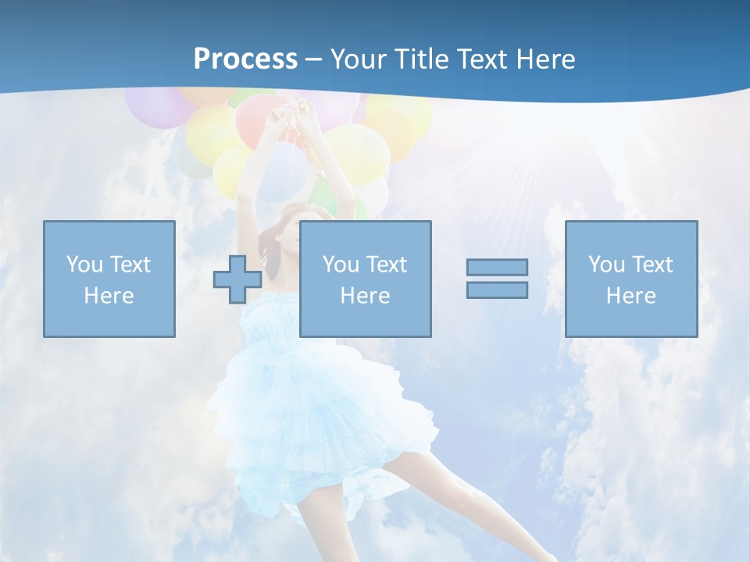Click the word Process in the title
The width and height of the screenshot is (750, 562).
pyautogui.click(x=245, y=59)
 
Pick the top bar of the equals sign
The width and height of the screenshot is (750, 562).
pyautogui.click(x=497, y=267)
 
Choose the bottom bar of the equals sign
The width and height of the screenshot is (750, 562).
pyautogui.click(x=497, y=290)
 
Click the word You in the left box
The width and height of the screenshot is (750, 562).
pyautogui.click(x=84, y=265)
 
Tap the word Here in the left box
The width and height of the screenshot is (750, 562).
pyautogui.click(x=109, y=296)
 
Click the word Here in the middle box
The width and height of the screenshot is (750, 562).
pyautogui.click(x=366, y=296)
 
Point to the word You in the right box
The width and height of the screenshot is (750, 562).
pyautogui.click(x=606, y=265)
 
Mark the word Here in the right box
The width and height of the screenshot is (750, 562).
pyautogui.click(x=631, y=296)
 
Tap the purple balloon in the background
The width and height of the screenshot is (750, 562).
pyautogui.click(x=152, y=105)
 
